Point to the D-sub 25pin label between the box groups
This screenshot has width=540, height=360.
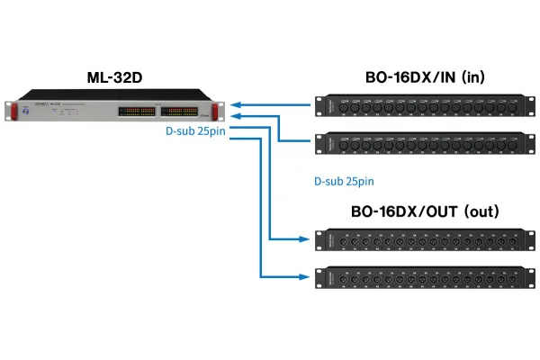click(344, 181)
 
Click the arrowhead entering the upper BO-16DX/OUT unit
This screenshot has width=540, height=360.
click(306, 240)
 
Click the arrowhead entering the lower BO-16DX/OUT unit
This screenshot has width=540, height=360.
click(306, 275)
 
